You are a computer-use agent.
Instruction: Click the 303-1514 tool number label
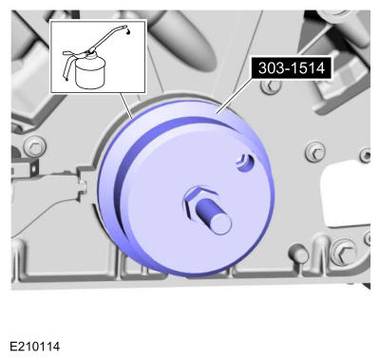[292, 68]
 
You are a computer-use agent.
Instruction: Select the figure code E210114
[35, 347]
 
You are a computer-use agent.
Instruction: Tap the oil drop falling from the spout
[128, 31]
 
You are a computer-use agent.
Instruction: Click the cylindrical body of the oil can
[90, 73]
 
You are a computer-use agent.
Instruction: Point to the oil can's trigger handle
[67, 65]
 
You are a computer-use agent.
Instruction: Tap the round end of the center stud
[220, 224]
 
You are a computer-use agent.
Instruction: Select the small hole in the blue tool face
[245, 162]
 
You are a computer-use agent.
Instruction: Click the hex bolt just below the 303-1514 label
[271, 85]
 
